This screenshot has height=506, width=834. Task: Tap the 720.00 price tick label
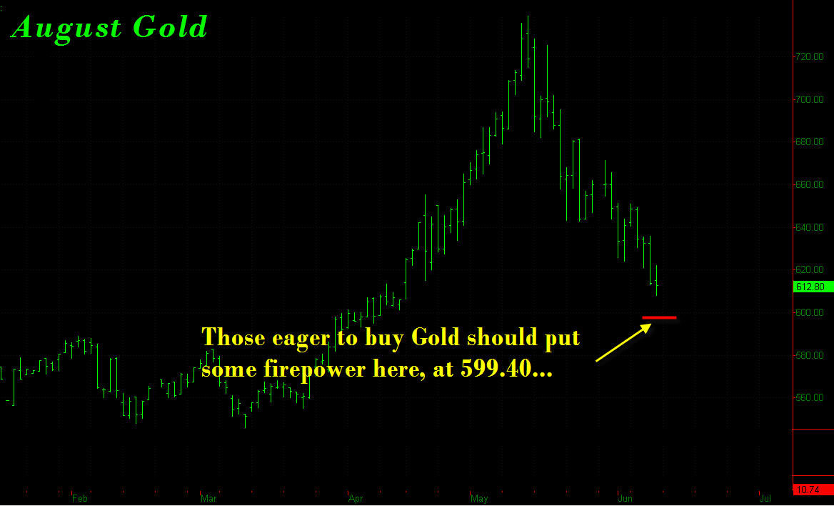click(810, 57)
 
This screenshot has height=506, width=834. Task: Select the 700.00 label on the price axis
click(810, 99)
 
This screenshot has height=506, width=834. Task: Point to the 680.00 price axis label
click(810, 142)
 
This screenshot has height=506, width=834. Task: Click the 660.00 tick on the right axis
click(810, 185)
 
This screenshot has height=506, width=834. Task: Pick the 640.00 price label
click(810, 227)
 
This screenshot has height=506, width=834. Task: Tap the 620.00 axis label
click(810, 270)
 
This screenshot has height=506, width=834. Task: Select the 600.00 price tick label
click(810, 312)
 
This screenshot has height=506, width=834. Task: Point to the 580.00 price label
click(810, 355)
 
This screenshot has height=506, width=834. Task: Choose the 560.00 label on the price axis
click(810, 398)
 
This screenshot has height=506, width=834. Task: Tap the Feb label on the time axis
click(79, 499)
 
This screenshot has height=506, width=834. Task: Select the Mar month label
click(208, 499)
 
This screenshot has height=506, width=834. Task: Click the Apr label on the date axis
click(356, 499)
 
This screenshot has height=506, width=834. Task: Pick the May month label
click(480, 499)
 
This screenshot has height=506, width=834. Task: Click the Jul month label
click(765, 499)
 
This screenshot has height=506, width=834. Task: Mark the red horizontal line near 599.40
click(659, 317)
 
